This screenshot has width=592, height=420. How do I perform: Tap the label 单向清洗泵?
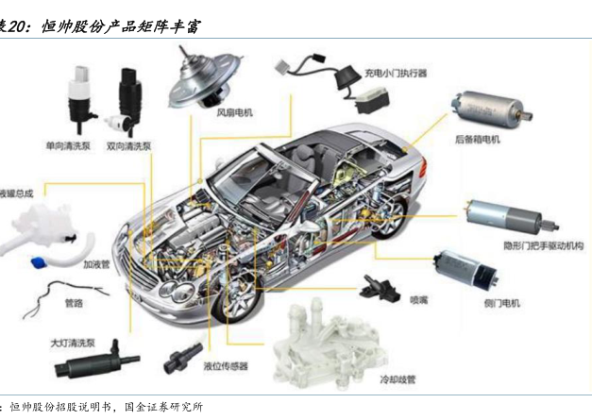click(x=69, y=147)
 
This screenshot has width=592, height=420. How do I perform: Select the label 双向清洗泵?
click(x=128, y=147)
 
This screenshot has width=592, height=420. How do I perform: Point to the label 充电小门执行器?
click(x=396, y=72)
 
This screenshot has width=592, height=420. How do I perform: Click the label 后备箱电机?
click(x=477, y=140)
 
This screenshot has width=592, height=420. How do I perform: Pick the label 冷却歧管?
click(x=397, y=378)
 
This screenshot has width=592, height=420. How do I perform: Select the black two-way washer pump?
click(x=128, y=100)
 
